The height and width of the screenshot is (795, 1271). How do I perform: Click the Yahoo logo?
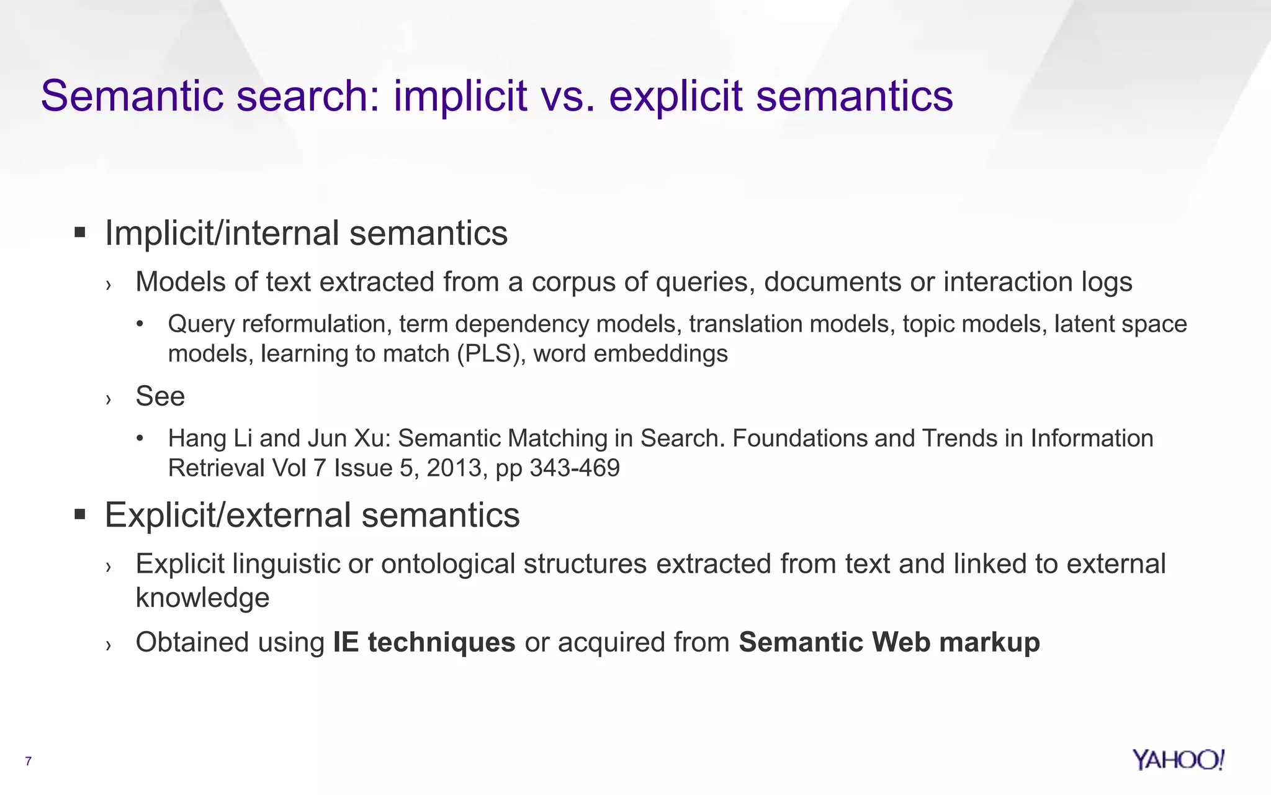[x=1178, y=760]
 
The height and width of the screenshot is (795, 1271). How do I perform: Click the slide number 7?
[x=28, y=761]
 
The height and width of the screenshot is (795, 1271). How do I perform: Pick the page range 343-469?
[x=575, y=468]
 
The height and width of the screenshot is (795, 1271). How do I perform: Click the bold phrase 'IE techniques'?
[x=424, y=642]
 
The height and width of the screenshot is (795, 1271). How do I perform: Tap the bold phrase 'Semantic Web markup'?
[x=889, y=642]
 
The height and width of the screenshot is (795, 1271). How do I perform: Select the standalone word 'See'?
[x=160, y=396]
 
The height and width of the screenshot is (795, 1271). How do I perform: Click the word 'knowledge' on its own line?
[x=202, y=597]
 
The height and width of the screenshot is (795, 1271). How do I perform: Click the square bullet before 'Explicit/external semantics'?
[x=79, y=514]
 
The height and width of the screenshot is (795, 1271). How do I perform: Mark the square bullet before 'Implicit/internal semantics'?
[x=79, y=233]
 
